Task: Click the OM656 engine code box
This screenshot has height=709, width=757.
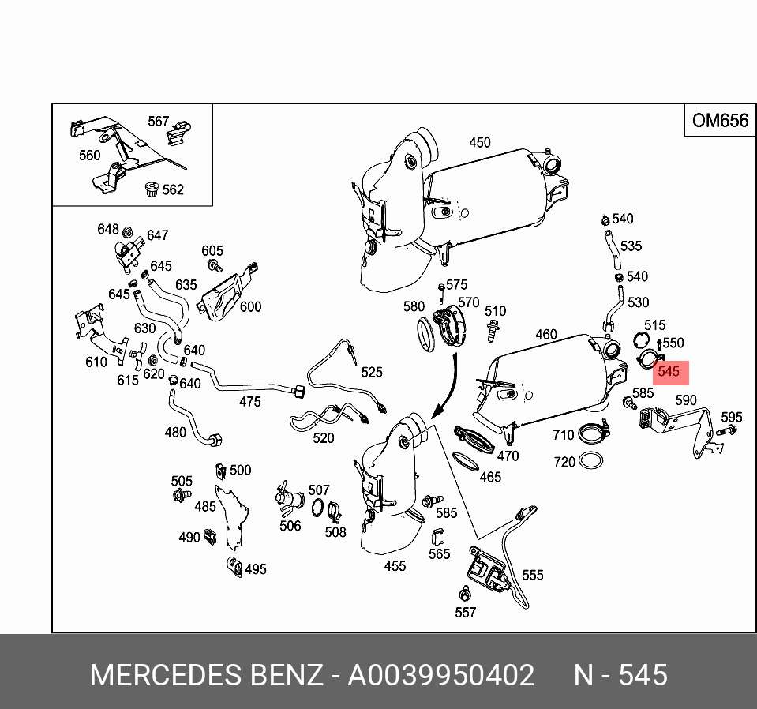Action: (718, 121)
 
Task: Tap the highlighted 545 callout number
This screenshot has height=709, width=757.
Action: (668, 371)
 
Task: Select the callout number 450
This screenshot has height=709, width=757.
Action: (479, 143)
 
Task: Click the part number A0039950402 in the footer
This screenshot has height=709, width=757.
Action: (441, 676)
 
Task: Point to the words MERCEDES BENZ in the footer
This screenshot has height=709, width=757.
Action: (206, 676)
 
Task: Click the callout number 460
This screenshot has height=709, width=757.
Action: (546, 335)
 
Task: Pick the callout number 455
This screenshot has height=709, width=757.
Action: (395, 565)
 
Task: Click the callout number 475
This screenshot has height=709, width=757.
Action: (249, 402)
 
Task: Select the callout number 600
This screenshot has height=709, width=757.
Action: (250, 306)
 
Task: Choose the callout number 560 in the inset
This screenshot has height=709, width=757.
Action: (90, 156)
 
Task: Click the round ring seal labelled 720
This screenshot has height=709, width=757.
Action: (589, 460)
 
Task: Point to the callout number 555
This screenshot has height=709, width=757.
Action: (533, 576)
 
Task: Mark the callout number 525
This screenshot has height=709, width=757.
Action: (371, 373)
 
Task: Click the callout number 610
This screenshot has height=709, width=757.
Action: (96, 362)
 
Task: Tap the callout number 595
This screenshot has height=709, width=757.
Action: (732, 418)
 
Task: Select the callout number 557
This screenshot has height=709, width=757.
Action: (466, 612)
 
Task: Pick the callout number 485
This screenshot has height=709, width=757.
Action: (205, 506)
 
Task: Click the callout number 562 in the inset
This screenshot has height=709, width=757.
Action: (172, 189)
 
